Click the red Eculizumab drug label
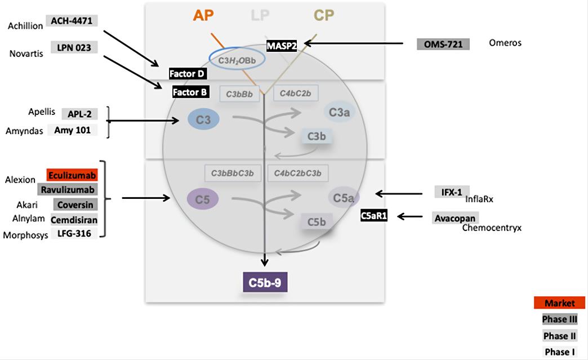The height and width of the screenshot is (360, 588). (72, 175)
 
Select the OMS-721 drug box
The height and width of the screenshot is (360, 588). (443, 43)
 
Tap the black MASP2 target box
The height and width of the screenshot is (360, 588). (282, 46)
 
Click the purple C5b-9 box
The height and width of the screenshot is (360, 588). (265, 283)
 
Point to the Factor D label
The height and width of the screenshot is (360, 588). (188, 74)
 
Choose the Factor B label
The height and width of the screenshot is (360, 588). (190, 92)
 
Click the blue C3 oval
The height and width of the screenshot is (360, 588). (203, 119)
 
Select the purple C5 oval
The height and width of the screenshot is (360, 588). (202, 199)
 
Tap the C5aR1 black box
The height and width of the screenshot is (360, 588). (374, 216)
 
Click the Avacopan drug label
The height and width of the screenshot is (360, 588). (455, 218)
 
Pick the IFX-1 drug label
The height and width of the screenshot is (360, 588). (452, 192)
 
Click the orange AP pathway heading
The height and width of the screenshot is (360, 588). (203, 15)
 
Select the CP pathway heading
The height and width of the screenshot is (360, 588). (324, 15)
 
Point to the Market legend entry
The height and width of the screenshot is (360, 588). (560, 303)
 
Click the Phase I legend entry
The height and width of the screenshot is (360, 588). (560, 352)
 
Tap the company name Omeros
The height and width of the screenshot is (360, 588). (506, 43)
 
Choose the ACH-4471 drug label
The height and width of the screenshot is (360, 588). (72, 21)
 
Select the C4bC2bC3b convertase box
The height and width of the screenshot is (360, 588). (298, 173)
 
